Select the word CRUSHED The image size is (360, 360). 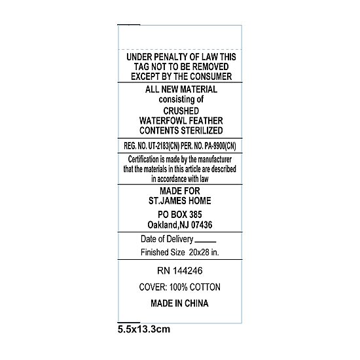pyautogui.click(x=181, y=111)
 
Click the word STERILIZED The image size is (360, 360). pyautogui.click(x=202, y=130)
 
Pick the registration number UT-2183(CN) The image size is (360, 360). pyautogui.click(x=164, y=146)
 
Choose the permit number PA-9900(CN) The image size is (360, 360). pyautogui.click(x=220, y=146)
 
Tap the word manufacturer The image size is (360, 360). pyautogui.click(x=215, y=159)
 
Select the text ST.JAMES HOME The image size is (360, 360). pyautogui.click(x=180, y=201)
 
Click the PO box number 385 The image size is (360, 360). pyautogui.click(x=196, y=215)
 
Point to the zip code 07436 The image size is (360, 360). pyautogui.click(x=202, y=225)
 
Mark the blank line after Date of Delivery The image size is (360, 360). pyautogui.click(x=206, y=242)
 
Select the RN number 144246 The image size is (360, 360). pyautogui.click(x=188, y=271)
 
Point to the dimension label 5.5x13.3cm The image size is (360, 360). pyautogui.click(x=144, y=329)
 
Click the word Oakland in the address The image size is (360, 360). pyautogui.click(x=162, y=225)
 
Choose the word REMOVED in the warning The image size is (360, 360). pyautogui.click(x=210, y=67)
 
